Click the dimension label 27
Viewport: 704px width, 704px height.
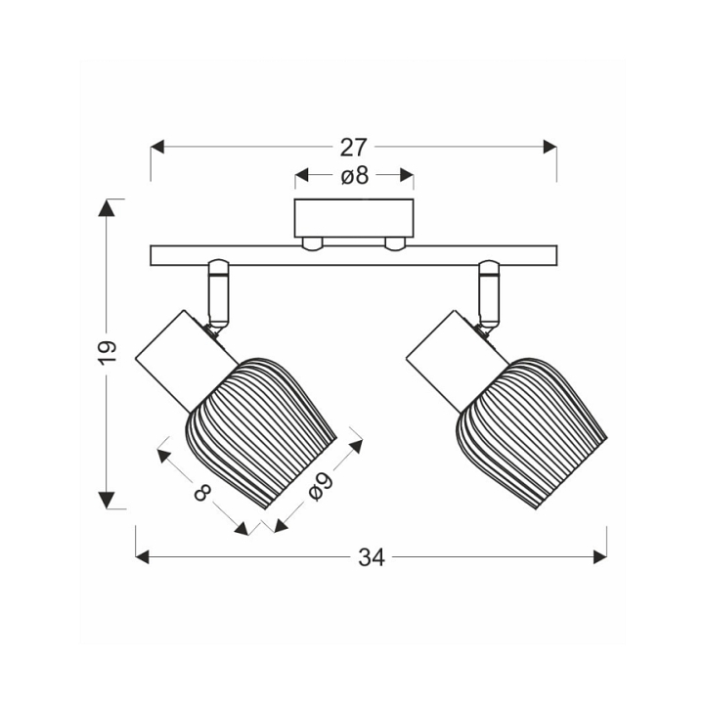coord(353,148)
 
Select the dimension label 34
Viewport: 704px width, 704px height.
coord(372,557)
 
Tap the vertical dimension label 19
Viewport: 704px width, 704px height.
coord(108,353)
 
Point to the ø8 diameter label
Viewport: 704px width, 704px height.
coord(354,176)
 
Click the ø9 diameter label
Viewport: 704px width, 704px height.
coord(322,487)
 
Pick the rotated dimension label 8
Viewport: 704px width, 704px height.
coord(203,493)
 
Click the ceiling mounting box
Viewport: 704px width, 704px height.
coord(354,218)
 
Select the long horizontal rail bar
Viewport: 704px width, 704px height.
coord(354,255)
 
